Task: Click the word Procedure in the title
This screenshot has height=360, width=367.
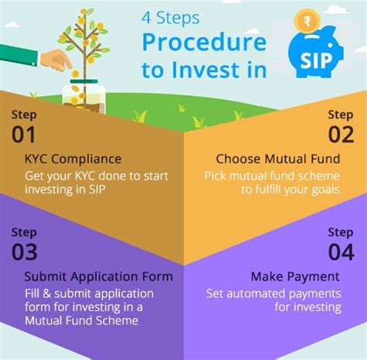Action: point(204,43)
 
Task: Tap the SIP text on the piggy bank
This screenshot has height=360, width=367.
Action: point(316,61)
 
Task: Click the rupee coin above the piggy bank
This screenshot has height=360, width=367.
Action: point(307,21)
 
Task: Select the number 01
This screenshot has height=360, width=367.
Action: point(23,135)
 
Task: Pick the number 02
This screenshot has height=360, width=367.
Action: point(341,135)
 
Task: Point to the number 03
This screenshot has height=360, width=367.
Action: point(25,252)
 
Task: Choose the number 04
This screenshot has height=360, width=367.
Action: point(341,252)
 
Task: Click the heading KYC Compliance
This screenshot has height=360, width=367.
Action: point(73,159)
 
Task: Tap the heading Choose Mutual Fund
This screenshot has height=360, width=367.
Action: point(278,159)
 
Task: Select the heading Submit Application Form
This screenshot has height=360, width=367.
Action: point(99,277)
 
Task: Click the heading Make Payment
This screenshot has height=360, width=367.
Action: point(295,277)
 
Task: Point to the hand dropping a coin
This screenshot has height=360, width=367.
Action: point(57,60)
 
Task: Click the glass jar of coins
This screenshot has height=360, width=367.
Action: point(84,97)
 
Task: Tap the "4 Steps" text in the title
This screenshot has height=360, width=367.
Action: point(170,18)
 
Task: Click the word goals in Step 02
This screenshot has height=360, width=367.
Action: point(326,190)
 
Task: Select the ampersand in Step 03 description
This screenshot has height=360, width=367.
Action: point(46,294)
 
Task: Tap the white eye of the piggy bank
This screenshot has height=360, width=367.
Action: point(330,45)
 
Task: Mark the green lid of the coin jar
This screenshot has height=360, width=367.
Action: point(84,81)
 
